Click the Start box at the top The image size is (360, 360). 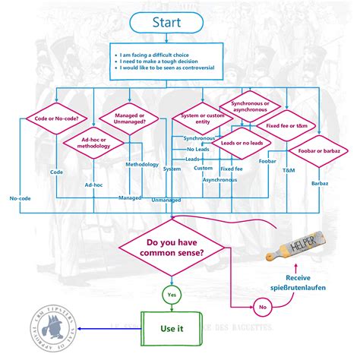[x=168, y=23]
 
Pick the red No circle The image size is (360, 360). [x=261, y=308]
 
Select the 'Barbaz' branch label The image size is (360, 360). [x=318, y=183]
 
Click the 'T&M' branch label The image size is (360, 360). [x=288, y=172]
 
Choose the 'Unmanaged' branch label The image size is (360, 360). [x=166, y=199]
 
